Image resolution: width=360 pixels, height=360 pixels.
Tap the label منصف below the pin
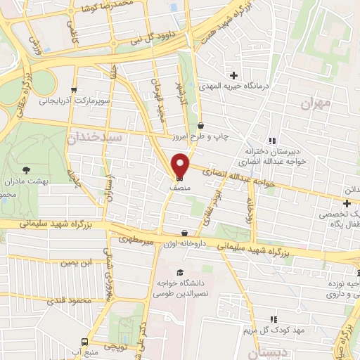pyautogui.click(x=180, y=188)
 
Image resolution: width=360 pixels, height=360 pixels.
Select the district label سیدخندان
pyautogui.click(x=96, y=137)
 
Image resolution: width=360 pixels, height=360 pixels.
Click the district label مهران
pyautogui.click(x=314, y=103)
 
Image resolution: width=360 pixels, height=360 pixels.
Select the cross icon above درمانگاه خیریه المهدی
pyautogui.click(x=233, y=75)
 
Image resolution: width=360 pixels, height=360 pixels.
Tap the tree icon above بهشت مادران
pyautogui.click(x=27, y=170)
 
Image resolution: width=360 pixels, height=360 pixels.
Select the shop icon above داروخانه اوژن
pyautogui.click(x=185, y=233)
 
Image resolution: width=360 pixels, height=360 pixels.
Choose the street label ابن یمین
pyautogui.click(x=76, y=263)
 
